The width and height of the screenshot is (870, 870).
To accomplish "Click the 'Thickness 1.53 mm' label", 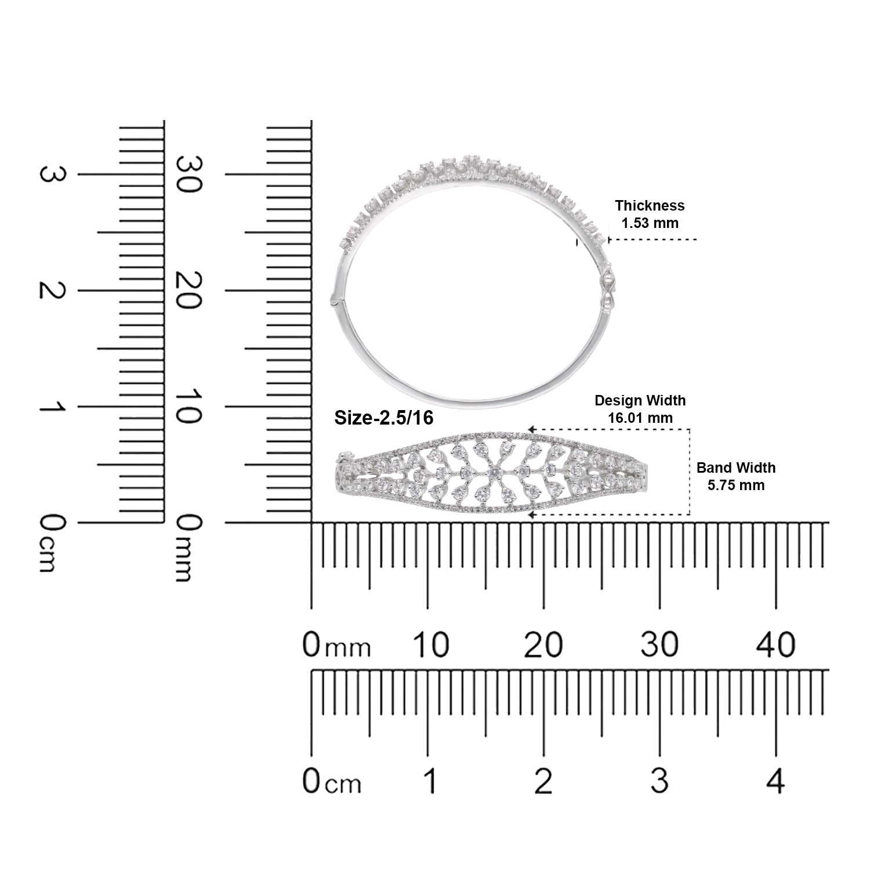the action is click(650, 214).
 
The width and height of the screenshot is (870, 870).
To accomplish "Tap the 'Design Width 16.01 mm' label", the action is click(640, 409).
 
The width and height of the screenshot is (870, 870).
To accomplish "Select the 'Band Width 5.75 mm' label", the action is click(735, 476).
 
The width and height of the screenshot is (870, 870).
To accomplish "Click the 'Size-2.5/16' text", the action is click(384, 418).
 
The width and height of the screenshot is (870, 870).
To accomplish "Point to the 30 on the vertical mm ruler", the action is click(189, 175).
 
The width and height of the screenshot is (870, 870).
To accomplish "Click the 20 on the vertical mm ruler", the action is click(189, 291).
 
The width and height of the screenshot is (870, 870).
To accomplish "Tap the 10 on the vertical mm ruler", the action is click(189, 407).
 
